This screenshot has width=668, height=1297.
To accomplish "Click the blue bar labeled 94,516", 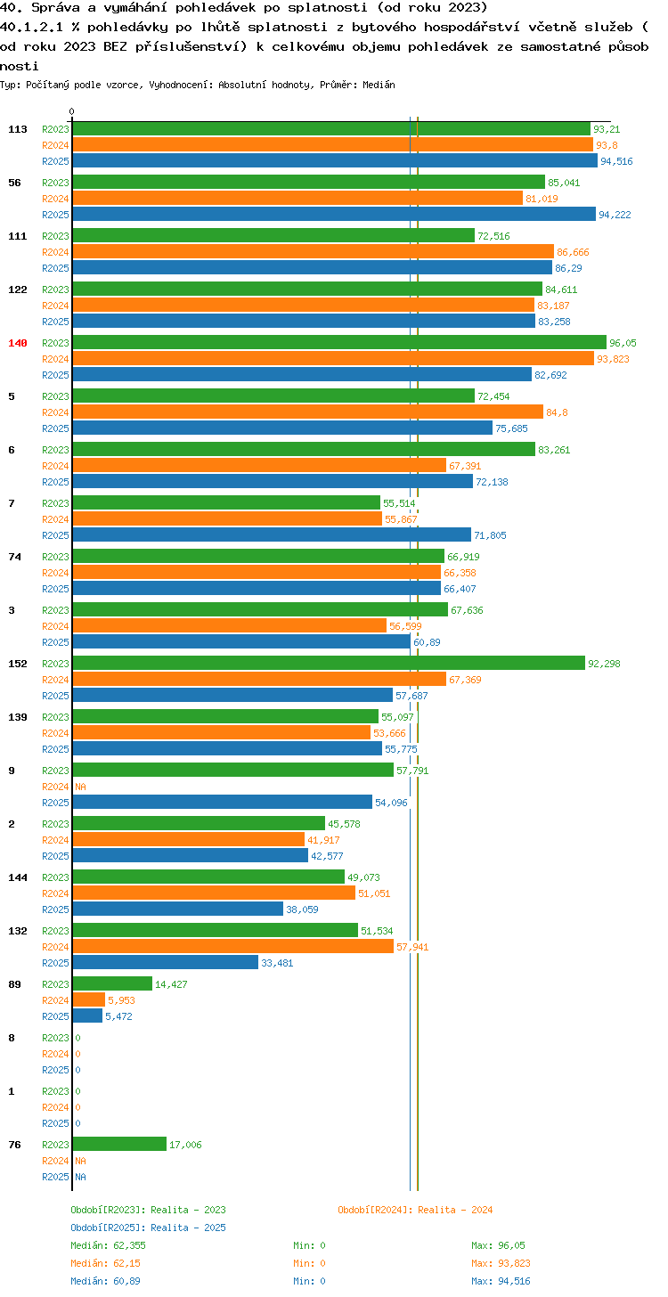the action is click(x=335, y=161).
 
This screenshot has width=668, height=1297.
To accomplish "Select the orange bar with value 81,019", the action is click(x=297, y=199).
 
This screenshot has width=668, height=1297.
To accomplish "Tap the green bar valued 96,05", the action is click(x=339, y=343).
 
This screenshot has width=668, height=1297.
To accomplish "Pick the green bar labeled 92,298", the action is click(x=329, y=664).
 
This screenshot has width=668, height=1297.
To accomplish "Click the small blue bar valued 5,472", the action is click(x=87, y=1016).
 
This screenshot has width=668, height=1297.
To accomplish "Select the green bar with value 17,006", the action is click(x=120, y=1145).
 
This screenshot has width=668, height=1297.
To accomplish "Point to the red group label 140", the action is click(x=17, y=343).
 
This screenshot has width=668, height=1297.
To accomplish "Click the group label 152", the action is click(x=17, y=664).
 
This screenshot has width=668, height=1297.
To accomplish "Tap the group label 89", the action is click(x=14, y=984).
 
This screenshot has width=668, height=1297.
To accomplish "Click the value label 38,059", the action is click(x=302, y=910).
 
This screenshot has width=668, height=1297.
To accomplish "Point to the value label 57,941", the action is click(x=412, y=947).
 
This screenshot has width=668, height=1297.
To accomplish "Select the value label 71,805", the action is click(x=490, y=535).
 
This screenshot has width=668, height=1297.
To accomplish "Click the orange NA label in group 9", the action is click(x=80, y=787).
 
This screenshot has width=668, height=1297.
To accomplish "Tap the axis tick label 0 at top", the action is click(x=72, y=111).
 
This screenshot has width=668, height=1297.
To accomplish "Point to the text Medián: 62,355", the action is click(x=109, y=1245).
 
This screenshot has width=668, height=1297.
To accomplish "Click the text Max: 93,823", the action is click(x=501, y=1263).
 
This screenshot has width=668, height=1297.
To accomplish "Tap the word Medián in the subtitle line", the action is click(x=379, y=85).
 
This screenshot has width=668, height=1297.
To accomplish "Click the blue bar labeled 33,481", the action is click(x=166, y=963).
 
